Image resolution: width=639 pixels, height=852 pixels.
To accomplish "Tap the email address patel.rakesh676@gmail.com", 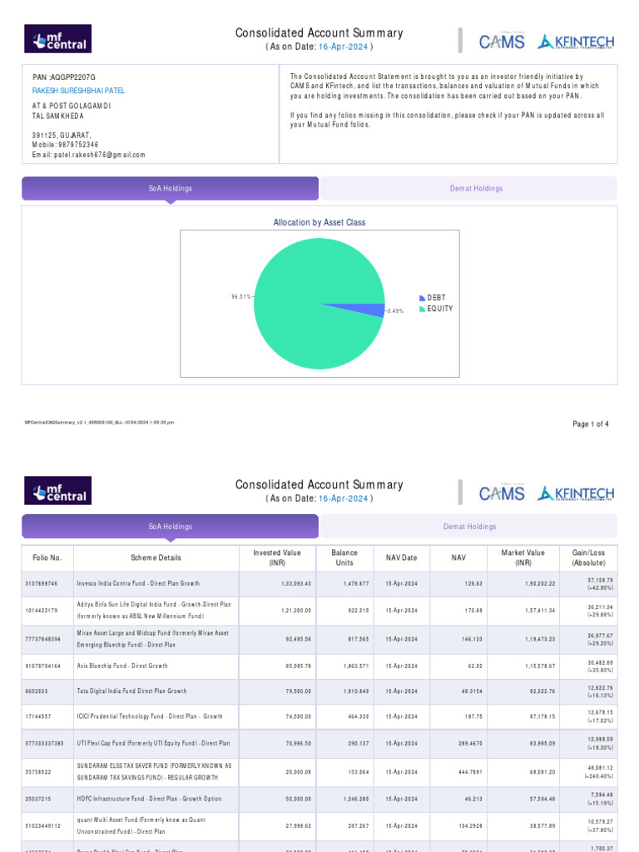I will (88, 155).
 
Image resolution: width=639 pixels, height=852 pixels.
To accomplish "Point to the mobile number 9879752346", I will (78, 145).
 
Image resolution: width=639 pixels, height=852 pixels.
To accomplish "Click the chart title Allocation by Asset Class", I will (319, 223).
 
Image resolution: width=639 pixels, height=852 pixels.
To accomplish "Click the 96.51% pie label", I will (240, 295).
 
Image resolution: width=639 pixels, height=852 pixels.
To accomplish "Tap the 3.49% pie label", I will (395, 311).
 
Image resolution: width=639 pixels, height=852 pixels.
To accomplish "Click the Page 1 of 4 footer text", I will (591, 424).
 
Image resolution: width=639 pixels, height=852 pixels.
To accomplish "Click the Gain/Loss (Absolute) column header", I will (589, 557).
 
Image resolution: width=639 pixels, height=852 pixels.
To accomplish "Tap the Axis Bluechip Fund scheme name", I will (122, 666).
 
